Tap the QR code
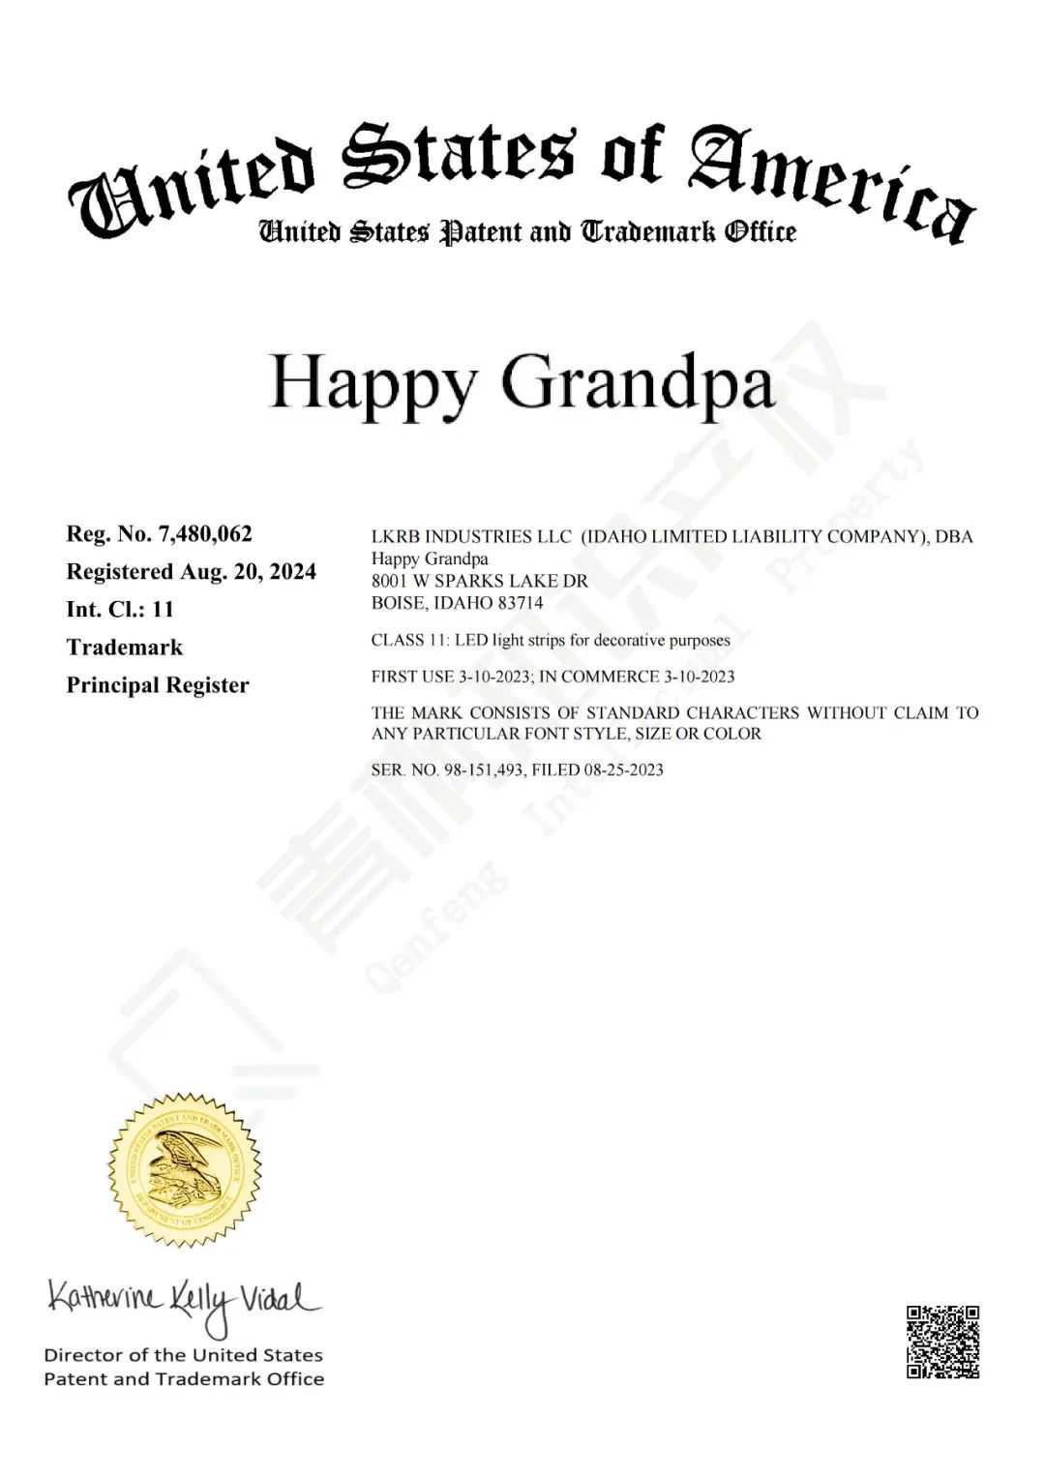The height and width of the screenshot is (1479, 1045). pos(942,1341)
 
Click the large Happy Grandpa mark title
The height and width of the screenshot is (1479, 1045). pos(522,382)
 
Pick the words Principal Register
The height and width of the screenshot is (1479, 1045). pos(158,684)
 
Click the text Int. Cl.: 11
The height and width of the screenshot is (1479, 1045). pos(120,609)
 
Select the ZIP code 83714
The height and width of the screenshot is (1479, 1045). pos(520,602)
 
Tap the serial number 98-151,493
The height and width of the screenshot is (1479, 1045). pos(484,770)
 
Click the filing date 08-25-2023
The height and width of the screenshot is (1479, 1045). pos(623,770)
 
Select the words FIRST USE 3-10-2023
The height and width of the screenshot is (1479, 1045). pos(450,676)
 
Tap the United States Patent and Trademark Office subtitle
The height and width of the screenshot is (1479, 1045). pos(526,232)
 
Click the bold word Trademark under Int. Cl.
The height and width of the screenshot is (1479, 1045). pos(124,647)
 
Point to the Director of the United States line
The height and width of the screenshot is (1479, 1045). pos(183,1354)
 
